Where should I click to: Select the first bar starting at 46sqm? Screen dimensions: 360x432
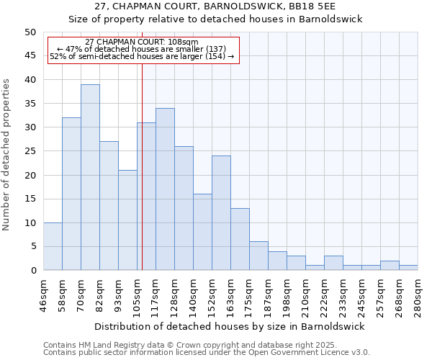[53, 246]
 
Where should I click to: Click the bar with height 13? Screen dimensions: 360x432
[240, 239]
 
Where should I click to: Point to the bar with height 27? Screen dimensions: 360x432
[109, 206]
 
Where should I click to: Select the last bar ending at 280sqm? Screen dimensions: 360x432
[408, 268]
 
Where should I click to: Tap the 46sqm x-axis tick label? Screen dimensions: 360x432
[43, 294]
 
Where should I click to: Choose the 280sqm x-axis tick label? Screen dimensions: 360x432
[418, 294]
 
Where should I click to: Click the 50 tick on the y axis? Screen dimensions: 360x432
[30, 32]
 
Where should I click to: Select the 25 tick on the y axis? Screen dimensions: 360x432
[30, 151]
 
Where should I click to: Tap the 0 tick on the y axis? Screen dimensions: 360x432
[33, 271]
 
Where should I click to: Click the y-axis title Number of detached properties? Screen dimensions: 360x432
[7, 154]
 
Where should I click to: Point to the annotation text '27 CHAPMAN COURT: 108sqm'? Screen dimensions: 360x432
[141, 42]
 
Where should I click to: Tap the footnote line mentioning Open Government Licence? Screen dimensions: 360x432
[207, 353]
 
